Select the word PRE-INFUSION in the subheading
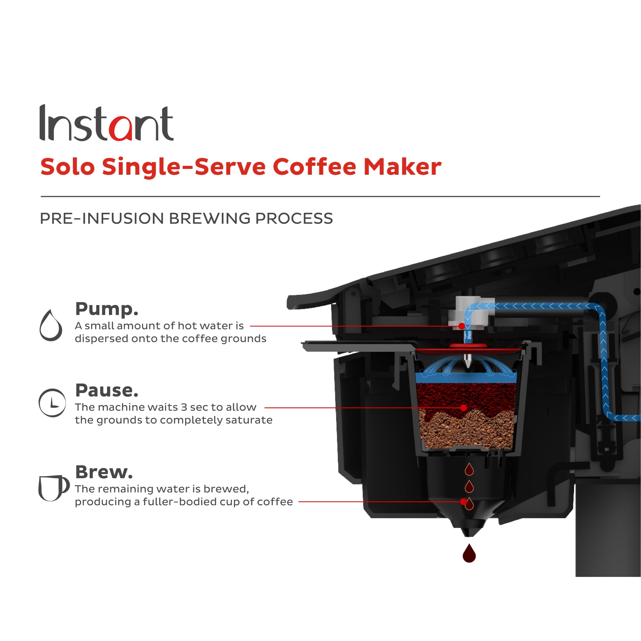pos(102,218)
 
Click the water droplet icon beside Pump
pos(51,326)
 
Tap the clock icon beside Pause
pos(53,403)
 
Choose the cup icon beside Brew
pos(53,488)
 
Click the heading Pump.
pos(106,309)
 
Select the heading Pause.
pos(106,390)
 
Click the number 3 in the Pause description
pos(184,407)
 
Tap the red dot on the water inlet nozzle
pos(462,326)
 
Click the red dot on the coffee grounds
pos(463,408)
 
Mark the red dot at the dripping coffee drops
pos(463,502)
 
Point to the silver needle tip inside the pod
pos(468,363)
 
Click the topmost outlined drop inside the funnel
pos(469,470)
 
